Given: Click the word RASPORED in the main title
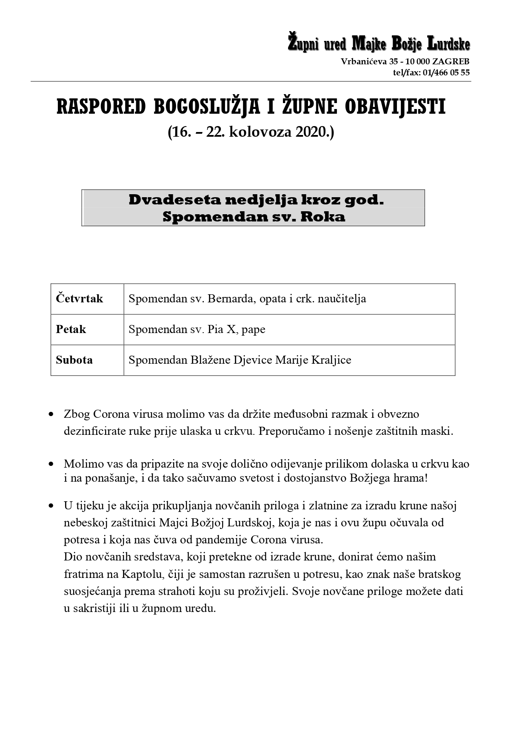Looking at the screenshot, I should point(101,107).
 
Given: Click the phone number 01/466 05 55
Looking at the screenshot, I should point(446,72).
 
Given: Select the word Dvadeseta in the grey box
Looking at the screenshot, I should point(174,200).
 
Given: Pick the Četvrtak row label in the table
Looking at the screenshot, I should point(79,299).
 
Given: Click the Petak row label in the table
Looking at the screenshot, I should point(71,329).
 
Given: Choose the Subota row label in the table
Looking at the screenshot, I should point(74,360).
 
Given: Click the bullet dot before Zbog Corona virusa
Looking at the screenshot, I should point(51,414).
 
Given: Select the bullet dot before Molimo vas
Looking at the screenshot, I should point(51,464).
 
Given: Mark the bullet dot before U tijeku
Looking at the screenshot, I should point(51,506).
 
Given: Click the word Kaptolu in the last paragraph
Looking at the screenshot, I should point(141,574).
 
